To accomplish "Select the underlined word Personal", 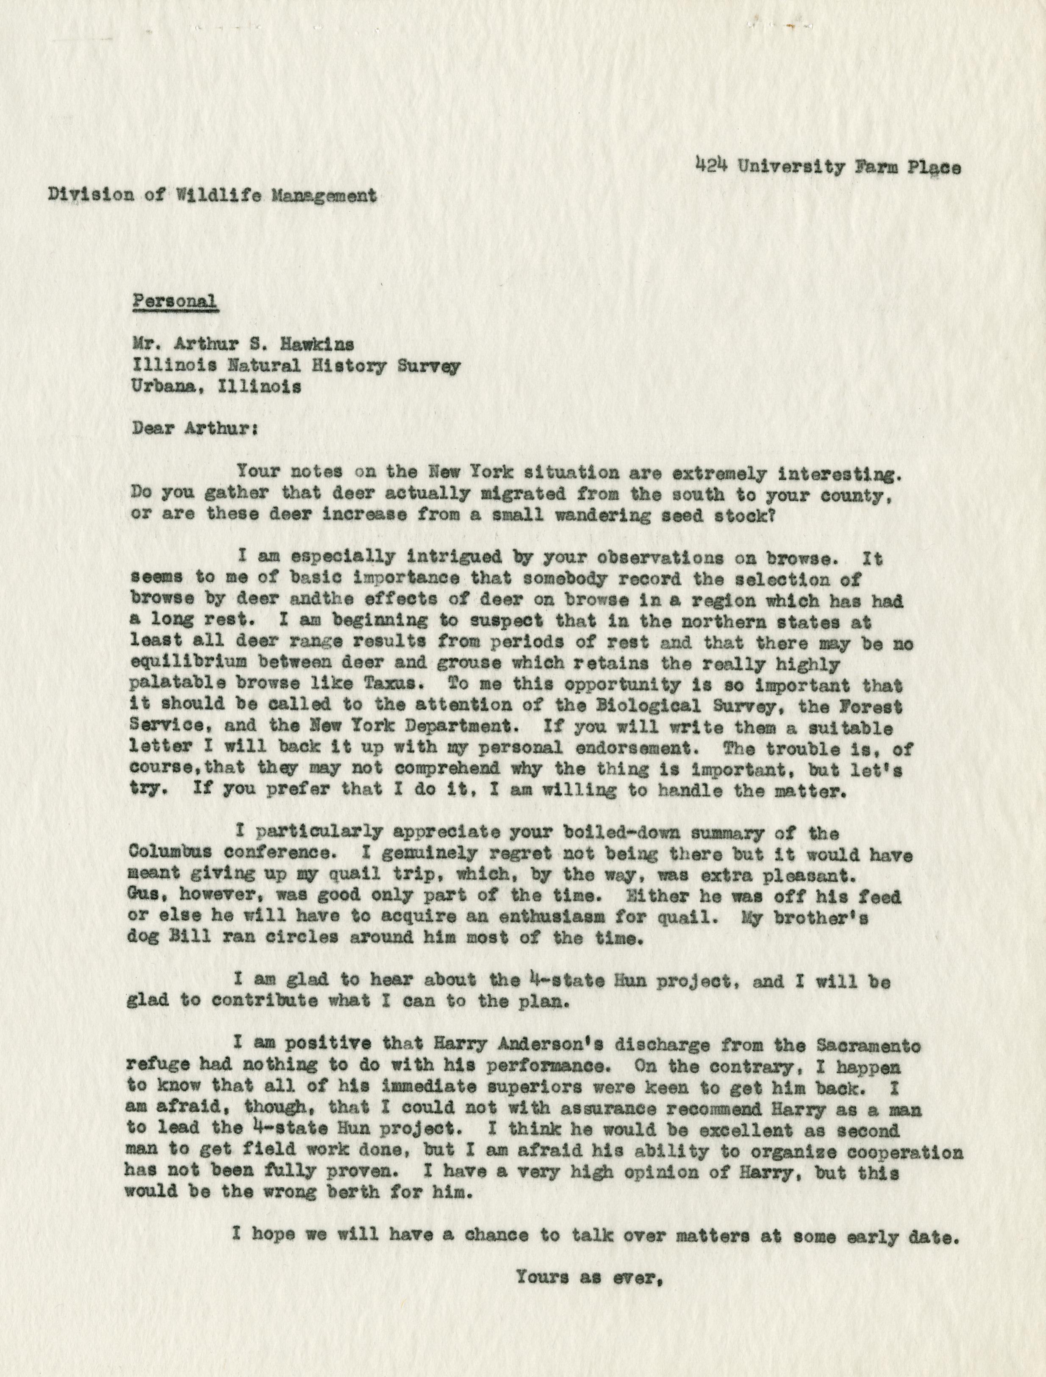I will [175, 301].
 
